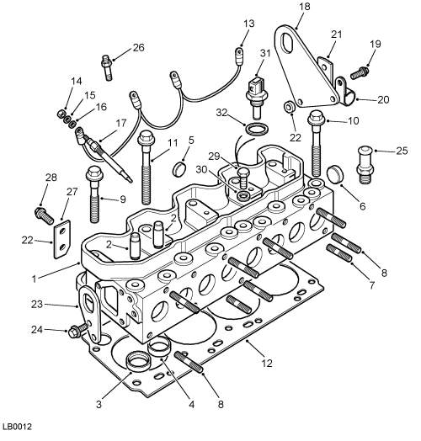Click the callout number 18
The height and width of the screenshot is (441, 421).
pos(305,6)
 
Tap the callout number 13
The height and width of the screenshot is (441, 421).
pos(248,24)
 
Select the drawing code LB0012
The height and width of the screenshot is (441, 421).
pos(18,427)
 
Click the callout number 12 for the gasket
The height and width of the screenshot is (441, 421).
pos(267,363)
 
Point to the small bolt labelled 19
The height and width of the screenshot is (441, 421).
pos(360,72)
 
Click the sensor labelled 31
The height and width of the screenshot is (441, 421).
pos(256,97)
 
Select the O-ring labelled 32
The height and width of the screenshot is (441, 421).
pos(257,130)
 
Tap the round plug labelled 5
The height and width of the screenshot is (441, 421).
pos(179,168)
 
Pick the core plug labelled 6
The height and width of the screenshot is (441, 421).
pos(335,174)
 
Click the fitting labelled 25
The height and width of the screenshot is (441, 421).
pos(365,164)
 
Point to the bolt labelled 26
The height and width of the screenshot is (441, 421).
pos(107,67)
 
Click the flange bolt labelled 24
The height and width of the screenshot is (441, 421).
pos(78,330)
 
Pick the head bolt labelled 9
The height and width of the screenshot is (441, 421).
pos(94,194)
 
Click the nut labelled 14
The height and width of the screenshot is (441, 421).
pos(61,114)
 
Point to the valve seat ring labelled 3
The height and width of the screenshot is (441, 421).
pos(138,361)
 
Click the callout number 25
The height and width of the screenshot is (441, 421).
pos(402,151)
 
